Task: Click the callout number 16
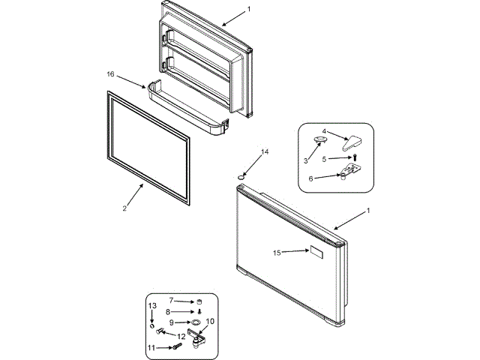[x=110, y=74]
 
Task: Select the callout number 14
[x=264, y=152]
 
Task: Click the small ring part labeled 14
[x=241, y=175]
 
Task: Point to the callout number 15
[x=277, y=253]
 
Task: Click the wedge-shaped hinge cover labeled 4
[x=349, y=142]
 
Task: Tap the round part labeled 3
[x=320, y=140]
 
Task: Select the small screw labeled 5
[x=355, y=157]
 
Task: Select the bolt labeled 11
[x=177, y=346]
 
